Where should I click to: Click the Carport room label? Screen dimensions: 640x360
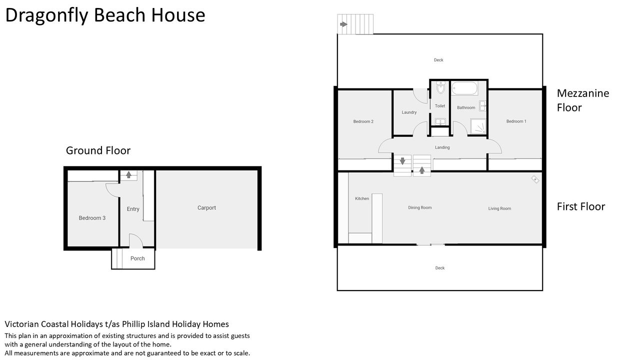pyautogui.click(x=206, y=207)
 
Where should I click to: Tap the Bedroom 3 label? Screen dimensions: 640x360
pyautogui.click(x=92, y=218)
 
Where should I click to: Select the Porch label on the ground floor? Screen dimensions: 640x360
pyautogui.click(x=137, y=258)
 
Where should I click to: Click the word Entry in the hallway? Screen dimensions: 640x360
pyautogui.click(x=133, y=209)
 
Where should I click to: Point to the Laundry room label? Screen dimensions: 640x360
pyautogui.click(x=409, y=112)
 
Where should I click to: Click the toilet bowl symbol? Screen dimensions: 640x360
pyautogui.click(x=440, y=87)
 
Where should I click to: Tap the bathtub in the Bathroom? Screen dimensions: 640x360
pyautogui.click(x=464, y=88)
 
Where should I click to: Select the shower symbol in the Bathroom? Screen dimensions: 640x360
pyautogui.click(x=478, y=126)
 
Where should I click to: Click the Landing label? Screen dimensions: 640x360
pyautogui.click(x=442, y=147)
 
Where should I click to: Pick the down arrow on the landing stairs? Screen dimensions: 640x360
pyautogui.click(x=402, y=161)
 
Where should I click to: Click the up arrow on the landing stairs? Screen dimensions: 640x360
pyautogui.click(x=421, y=170)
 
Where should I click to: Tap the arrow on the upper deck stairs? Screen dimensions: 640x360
pyautogui.click(x=343, y=24)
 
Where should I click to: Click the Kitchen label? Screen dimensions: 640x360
pyautogui.click(x=362, y=198)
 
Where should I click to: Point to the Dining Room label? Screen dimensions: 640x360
pyautogui.click(x=419, y=207)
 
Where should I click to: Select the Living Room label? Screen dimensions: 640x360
pyautogui.click(x=499, y=208)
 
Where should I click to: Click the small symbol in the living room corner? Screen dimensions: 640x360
pyautogui.click(x=535, y=179)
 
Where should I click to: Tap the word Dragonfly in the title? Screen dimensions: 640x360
pyautogui.click(x=47, y=16)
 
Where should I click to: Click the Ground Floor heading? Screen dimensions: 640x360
pyautogui.click(x=98, y=150)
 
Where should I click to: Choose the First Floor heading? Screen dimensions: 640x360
pyautogui.click(x=581, y=206)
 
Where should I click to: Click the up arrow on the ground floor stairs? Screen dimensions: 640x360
pyautogui.click(x=128, y=174)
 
